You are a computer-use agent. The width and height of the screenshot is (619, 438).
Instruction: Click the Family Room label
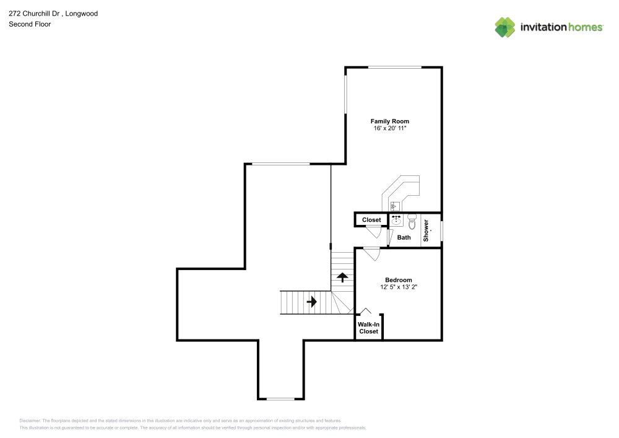coord(389,121)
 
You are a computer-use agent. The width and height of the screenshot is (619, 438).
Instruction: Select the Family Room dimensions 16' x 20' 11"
coord(389,128)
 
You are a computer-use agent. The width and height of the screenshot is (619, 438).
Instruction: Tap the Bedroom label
coord(398,280)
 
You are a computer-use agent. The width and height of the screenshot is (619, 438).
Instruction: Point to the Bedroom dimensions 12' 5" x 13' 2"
coord(398,287)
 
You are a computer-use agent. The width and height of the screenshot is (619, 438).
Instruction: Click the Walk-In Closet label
coord(368,328)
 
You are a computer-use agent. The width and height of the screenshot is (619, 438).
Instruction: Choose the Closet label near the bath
coord(371,220)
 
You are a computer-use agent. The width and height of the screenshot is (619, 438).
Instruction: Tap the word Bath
coord(404,237)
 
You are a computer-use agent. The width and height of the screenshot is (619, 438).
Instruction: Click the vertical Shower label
coord(426,230)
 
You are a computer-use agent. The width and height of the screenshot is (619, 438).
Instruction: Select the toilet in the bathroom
coord(412,220)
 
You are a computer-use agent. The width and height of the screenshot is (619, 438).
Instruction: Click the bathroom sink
coord(396,220)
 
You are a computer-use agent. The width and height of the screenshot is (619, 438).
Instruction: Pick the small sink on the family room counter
coord(394,206)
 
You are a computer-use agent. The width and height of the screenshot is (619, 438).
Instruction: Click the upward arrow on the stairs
coord(342,278)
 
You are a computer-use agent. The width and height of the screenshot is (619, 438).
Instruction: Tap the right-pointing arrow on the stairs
coord(311,302)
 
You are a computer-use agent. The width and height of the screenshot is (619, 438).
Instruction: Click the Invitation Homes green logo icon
coord(505,27)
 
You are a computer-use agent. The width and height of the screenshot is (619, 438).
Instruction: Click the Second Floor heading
coord(30,24)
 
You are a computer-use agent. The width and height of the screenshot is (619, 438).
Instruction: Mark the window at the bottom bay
coord(280,398)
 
